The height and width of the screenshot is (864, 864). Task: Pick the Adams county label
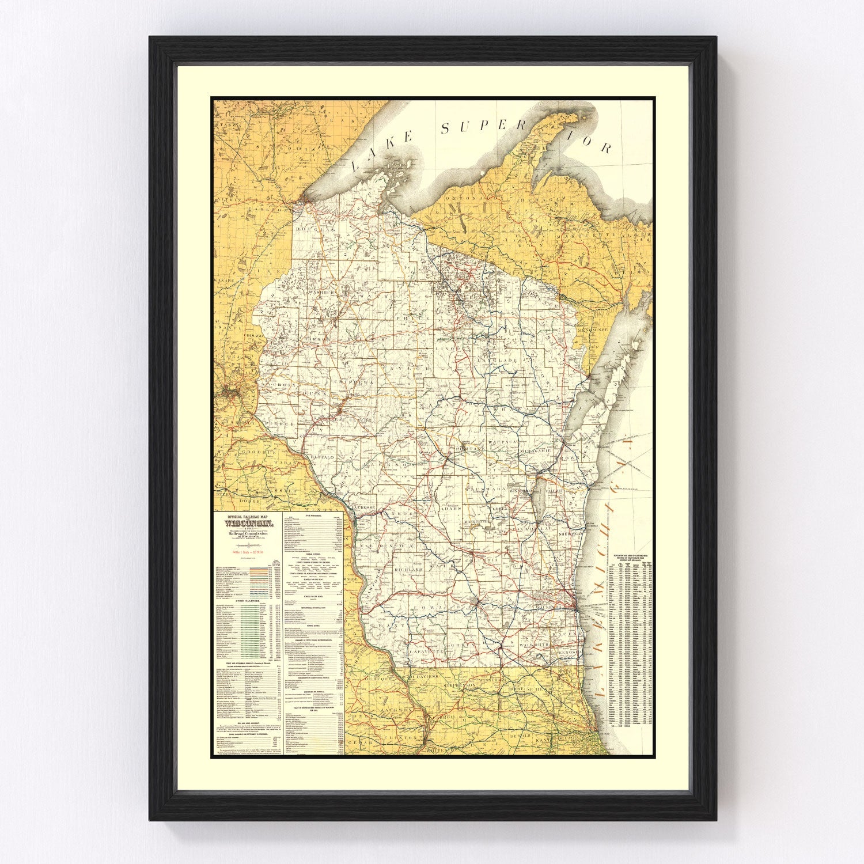tap(450, 509)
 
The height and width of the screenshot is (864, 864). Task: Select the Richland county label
tap(409, 569)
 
